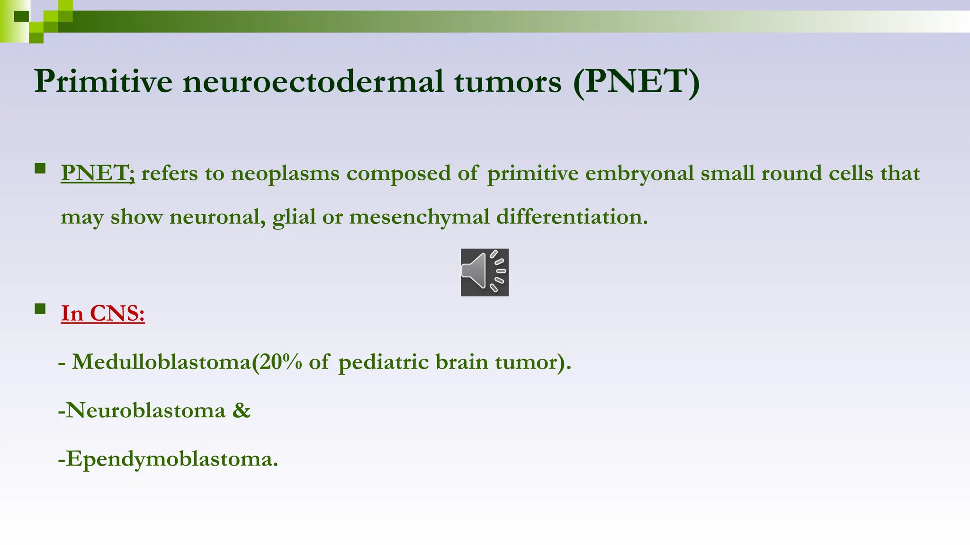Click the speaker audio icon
pos(485,272)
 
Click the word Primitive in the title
pos(103,81)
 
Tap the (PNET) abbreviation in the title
pos(636,81)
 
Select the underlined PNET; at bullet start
pos(98,173)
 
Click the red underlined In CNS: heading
pos(103,313)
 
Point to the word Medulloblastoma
pos(161,362)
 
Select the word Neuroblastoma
pos(145,410)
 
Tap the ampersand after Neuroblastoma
pos(242,410)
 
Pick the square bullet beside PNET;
pos(40,168)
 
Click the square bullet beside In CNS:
pos(40,309)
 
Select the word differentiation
pos(571,217)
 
